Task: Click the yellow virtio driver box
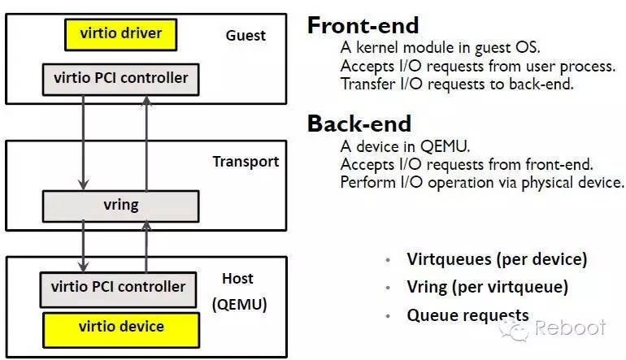(x=121, y=34)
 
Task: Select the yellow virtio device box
(x=121, y=327)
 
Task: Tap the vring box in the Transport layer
(x=120, y=206)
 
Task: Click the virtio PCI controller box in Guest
(x=120, y=79)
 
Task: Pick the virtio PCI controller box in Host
(x=118, y=287)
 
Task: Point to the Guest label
(x=245, y=36)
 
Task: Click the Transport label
(x=246, y=161)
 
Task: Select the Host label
(x=237, y=279)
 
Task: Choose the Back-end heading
(x=359, y=124)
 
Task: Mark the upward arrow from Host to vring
(x=146, y=247)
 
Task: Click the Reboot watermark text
(x=570, y=328)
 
